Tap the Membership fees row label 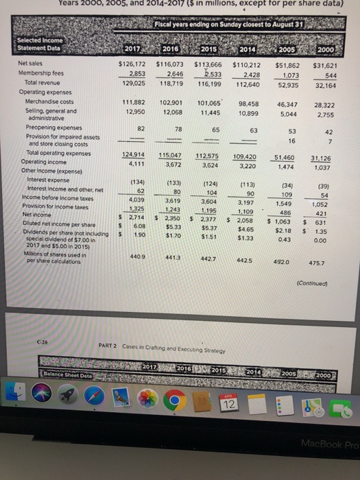40,73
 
